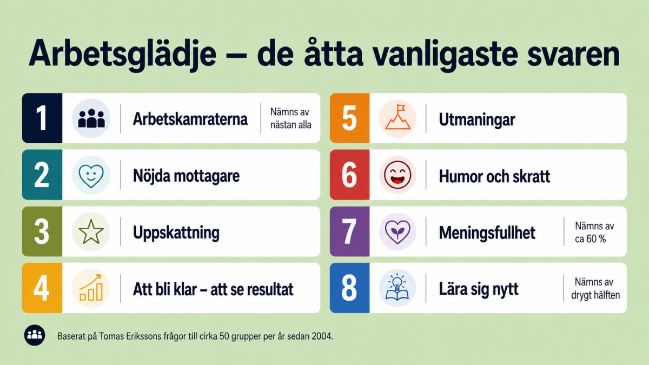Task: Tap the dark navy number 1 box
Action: coord(42,118)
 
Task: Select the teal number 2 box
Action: coord(42,175)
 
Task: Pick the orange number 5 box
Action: coord(350,118)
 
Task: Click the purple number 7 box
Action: coord(350,231)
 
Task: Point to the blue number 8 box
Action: coord(350,288)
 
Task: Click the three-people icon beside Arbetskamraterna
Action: coord(91,118)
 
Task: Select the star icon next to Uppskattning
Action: coord(91,231)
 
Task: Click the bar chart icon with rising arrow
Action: coord(91,288)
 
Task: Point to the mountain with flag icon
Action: coord(398,117)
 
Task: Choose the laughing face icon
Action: coord(398,175)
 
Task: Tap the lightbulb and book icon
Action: coord(397,288)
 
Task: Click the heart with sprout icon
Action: coord(398,232)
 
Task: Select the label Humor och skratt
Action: coord(494,176)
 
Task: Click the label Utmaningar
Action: coord(477,120)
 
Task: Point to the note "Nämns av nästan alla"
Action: coord(290,118)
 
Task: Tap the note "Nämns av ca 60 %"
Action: coord(594,233)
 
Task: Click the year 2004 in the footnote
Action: coord(322,336)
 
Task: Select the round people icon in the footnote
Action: coord(35,335)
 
